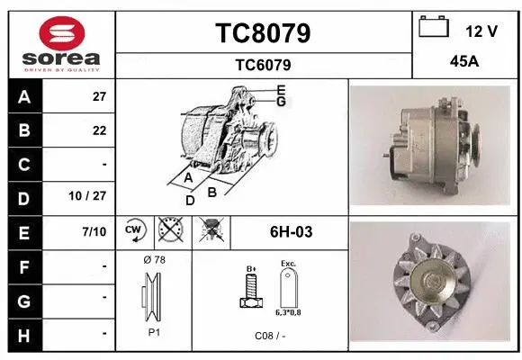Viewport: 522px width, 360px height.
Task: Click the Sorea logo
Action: [60, 43]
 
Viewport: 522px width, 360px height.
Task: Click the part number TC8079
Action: [263, 33]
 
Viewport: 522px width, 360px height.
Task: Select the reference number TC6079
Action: [263, 65]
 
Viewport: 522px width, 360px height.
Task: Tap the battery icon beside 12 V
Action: [434, 28]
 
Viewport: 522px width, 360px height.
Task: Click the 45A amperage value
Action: [463, 63]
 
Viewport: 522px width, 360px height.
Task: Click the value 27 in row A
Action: [99, 96]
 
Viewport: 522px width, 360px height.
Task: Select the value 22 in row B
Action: [99, 130]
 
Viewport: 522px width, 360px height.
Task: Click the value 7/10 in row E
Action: [94, 232]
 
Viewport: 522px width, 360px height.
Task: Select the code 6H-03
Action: [291, 232]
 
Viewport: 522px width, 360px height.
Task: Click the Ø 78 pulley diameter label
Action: [154, 260]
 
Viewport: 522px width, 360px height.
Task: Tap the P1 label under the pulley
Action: [153, 330]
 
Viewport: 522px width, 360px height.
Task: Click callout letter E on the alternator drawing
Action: [281, 89]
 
